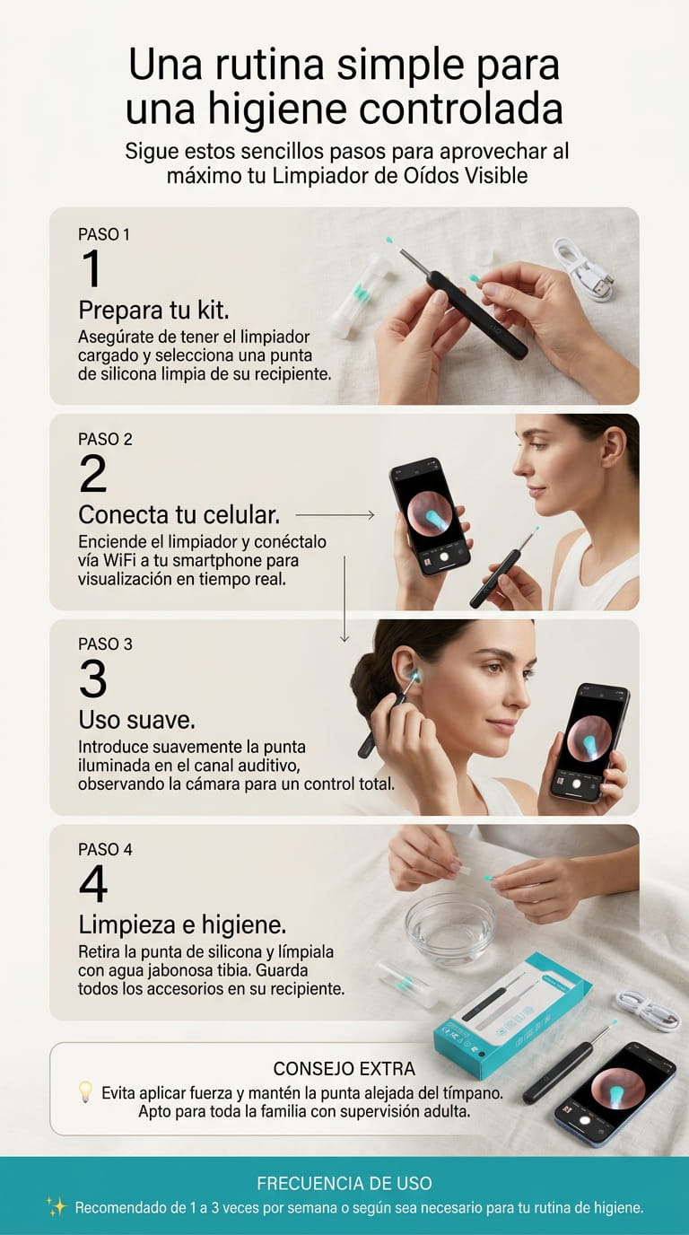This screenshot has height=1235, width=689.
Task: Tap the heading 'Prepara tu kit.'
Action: (x=153, y=311)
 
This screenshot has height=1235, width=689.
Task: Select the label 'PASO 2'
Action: (x=105, y=439)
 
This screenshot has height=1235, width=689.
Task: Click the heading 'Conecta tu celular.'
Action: (x=179, y=515)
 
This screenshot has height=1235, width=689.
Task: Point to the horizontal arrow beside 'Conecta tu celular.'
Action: (x=336, y=515)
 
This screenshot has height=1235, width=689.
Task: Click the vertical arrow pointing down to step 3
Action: (x=344, y=599)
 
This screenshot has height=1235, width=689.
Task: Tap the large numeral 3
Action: (x=92, y=679)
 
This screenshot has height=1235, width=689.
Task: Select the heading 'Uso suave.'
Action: (x=136, y=720)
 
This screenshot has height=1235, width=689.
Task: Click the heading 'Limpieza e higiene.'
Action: (x=182, y=925)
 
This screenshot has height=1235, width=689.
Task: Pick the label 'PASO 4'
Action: (x=105, y=849)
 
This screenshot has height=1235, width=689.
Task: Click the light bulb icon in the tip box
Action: (x=85, y=1092)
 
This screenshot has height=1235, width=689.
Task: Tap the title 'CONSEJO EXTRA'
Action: (x=344, y=1069)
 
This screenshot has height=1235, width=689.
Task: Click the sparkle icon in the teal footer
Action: (x=57, y=1207)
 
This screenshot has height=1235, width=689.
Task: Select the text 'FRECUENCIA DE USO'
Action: (x=344, y=1183)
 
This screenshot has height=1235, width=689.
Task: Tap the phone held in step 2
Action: (x=431, y=515)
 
